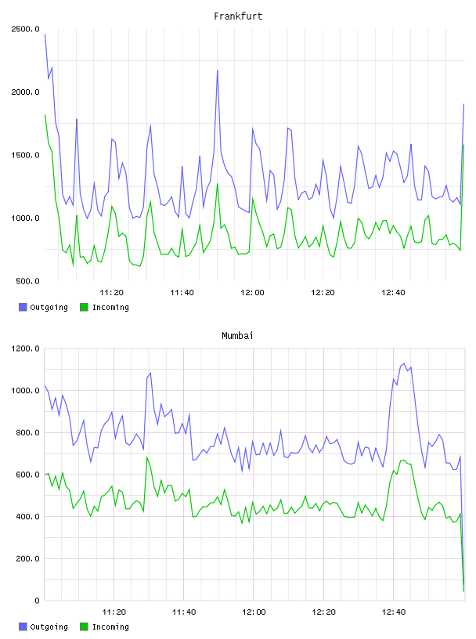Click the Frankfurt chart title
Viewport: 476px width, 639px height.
point(238,16)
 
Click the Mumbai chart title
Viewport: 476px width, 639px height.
point(237,336)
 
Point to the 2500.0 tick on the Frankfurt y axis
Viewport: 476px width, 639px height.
point(25,29)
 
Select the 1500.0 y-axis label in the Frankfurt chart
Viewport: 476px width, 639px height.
point(25,155)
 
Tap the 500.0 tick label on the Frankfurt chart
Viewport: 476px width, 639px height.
point(27,281)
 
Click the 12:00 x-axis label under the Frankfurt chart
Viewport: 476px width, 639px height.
point(252,293)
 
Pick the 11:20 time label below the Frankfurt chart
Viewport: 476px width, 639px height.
point(111,293)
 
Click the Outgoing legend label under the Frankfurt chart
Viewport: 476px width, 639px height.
point(49,307)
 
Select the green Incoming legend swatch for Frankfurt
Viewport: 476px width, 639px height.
point(84,307)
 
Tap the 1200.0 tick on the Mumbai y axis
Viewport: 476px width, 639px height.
point(25,348)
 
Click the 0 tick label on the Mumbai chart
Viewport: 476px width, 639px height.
point(37,601)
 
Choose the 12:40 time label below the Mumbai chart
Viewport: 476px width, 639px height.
point(394,612)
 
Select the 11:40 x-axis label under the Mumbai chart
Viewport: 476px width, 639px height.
point(184,612)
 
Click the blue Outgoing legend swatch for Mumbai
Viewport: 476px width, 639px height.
point(23,626)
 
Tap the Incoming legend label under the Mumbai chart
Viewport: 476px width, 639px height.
point(110,626)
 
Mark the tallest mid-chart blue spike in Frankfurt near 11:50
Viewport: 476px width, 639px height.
point(217,70)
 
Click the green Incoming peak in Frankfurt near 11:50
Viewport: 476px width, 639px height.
point(217,184)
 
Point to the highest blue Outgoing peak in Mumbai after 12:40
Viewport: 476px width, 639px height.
point(404,363)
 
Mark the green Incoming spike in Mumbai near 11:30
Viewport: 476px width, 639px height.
point(147,457)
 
